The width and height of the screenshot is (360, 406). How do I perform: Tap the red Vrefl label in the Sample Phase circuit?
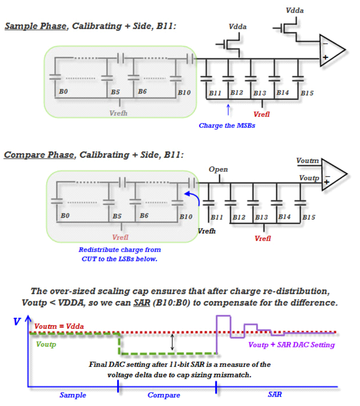click(261, 114)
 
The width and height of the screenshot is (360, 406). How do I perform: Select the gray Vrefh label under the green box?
click(118, 113)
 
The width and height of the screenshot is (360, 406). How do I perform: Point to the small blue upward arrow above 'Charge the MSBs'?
click(228, 110)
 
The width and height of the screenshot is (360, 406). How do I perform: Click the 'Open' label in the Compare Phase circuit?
click(218, 169)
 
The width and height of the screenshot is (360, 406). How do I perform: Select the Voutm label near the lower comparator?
click(308, 161)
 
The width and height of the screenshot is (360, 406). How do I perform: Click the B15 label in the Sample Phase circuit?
click(307, 93)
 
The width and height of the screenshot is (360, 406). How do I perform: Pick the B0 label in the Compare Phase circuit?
click(65, 216)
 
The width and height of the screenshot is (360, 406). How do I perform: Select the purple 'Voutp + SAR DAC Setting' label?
click(291, 345)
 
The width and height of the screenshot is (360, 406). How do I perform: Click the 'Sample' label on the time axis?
click(73, 395)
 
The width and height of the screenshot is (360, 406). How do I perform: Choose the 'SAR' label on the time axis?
click(274, 394)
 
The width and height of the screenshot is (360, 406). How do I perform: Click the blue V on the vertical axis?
click(17, 322)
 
